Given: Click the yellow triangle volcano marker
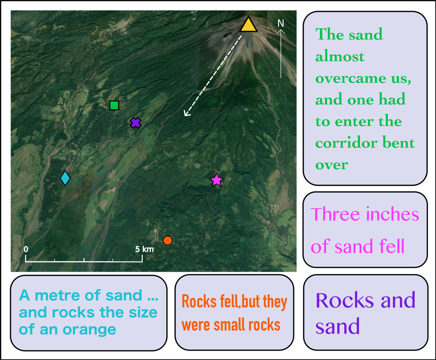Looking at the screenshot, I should tap(248, 26).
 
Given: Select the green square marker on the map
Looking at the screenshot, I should tap(114, 105).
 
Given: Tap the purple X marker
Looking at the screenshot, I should tap(135, 123).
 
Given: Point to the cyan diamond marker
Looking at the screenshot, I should tap(65, 178).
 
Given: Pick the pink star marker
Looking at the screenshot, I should tap(216, 180).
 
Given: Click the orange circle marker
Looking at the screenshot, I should tap(168, 240).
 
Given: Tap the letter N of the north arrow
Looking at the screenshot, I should tap(280, 23).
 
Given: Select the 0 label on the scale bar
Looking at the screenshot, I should tap(26, 249).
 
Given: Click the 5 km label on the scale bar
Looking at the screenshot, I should tap(144, 249).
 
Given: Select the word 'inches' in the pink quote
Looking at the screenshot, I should tap(392, 215).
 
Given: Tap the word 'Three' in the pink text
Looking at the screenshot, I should tap(335, 215).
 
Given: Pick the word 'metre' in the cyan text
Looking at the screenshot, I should tap(58, 295).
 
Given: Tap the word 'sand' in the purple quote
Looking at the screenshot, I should tap(338, 326).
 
